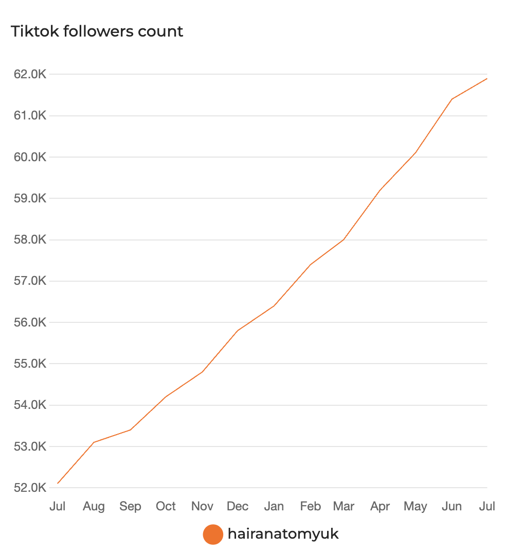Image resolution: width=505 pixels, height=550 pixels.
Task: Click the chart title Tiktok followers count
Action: click(x=97, y=31)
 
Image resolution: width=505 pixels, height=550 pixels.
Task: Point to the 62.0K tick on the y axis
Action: click(x=30, y=74)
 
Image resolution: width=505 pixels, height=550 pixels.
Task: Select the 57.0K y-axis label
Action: click(x=30, y=281)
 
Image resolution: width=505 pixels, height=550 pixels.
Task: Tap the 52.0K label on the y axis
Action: click(x=30, y=488)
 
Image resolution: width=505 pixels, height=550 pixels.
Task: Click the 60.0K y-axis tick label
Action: click(x=30, y=157)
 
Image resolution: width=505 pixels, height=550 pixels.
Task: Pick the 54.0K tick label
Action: click(x=30, y=405)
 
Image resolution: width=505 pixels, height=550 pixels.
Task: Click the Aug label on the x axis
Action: click(x=94, y=507)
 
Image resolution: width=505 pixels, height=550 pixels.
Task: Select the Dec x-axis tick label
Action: click(x=238, y=507)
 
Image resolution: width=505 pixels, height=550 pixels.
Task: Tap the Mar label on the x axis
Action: click(x=344, y=507)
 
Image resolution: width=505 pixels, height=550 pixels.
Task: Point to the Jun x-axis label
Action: click(x=452, y=507)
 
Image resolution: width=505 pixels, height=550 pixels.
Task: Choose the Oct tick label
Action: click(x=166, y=507)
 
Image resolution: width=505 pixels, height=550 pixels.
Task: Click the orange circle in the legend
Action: click(x=213, y=535)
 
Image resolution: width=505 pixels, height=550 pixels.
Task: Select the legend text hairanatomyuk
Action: click(x=283, y=534)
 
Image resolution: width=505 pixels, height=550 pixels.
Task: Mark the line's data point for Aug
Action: click(x=94, y=442)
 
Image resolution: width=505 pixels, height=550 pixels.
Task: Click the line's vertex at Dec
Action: click(x=238, y=331)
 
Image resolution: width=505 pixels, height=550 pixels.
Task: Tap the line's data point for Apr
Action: click(x=380, y=191)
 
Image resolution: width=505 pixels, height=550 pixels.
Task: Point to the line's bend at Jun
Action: click(x=452, y=99)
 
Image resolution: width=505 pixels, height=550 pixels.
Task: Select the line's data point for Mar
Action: click(x=344, y=239)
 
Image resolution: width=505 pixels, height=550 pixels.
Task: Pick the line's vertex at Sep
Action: click(x=130, y=429)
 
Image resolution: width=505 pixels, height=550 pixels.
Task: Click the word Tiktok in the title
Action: click(x=32, y=31)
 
